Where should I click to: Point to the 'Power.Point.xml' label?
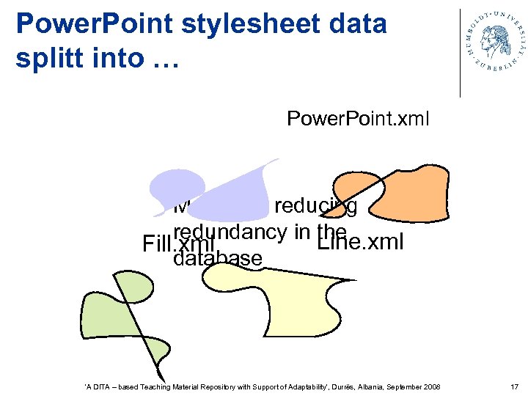(357, 118)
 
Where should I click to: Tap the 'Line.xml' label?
(359, 242)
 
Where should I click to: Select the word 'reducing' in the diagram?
(315, 208)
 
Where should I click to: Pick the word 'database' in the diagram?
(218, 258)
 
